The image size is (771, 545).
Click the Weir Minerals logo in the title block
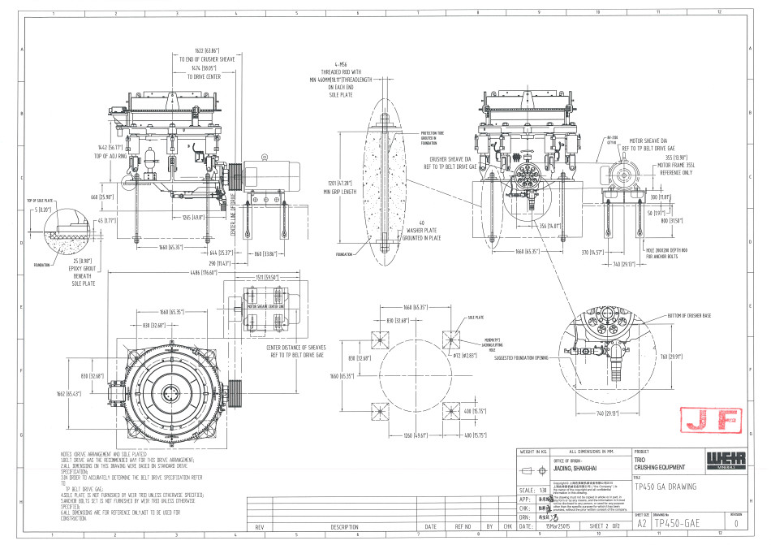pyautogui.click(x=717, y=460)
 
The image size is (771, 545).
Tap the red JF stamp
pyautogui.click(x=697, y=420)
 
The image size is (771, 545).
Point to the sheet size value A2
pyautogui.click(x=641, y=524)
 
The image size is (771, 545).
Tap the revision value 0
pyautogui.click(x=735, y=524)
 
